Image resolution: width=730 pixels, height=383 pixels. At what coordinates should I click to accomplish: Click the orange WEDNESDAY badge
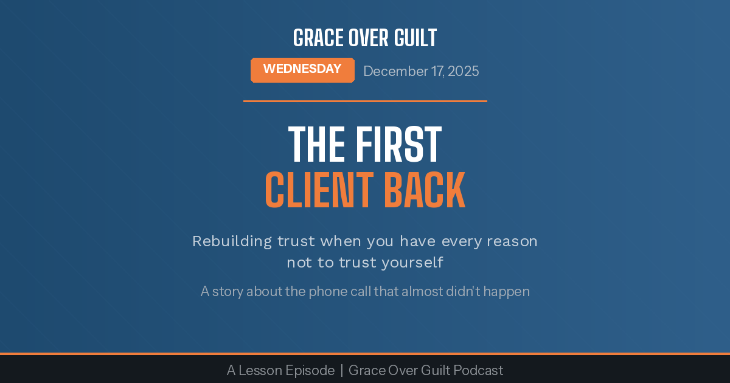[x=302, y=70]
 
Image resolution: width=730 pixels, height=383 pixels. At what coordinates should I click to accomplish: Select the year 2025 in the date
[x=463, y=71]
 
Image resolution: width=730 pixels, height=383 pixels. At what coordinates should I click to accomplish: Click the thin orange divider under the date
[x=365, y=101]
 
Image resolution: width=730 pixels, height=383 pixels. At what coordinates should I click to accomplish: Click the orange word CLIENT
[x=319, y=191]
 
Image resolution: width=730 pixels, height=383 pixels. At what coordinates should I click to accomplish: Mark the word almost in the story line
[x=422, y=292]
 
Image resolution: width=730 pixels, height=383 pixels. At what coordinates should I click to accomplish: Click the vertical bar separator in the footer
[x=342, y=370]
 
